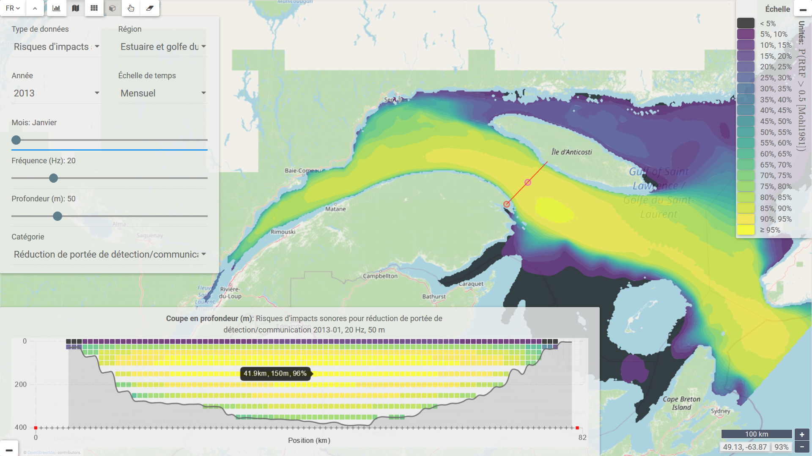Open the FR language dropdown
pyautogui.click(x=13, y=8)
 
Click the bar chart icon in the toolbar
pyautogui.click(x=56, y=8)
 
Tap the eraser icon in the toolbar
pyautogui.click(x=150, y=8)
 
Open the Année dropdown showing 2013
pyautogui.click(x=56, y=93)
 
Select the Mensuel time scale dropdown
pyautogui.click(x=162, y=93)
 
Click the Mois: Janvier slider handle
pyautogui.click(x=16, y=140)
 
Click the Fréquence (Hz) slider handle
pyautogui.click(x=53, y=178)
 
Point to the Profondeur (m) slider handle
pyautogui.click(x=58, y=216)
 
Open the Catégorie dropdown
pyautogui.click(x=109, y=254)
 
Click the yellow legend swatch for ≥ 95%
pyautogui.click(x=746, y=230)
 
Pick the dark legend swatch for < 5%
pyautogui.click(x=746, y=23)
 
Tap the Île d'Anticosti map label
pyautogui.click(x=571, y=152)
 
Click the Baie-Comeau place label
pyautogui.click(x=302, y=170)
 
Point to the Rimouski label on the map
pyautogui.click(x=283, y=232)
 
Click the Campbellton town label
pyautogui.click(x=380, y=276)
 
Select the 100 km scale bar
pyautogui.click(x=756, y=434)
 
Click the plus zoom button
pyautogui.click(x=802, y=434)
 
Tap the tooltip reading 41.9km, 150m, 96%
pyautogui.click(x=275, y=374)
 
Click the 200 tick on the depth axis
pyautogui.click(x=20, y=385)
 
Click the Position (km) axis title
pyautogui.click(x=309, y=440)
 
